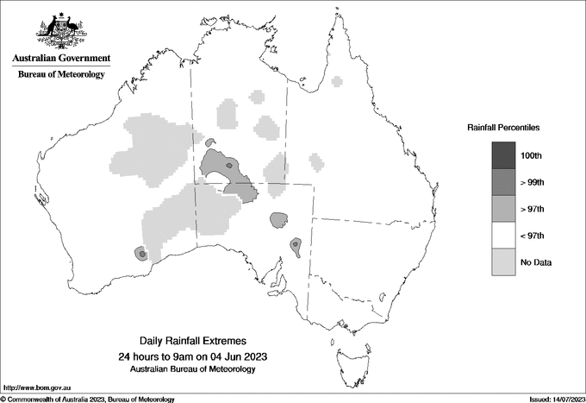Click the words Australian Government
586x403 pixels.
click(61, 59)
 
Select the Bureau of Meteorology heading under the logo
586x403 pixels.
click(61, 75)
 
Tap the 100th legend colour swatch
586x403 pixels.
click(504, 155)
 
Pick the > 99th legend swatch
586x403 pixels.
click(504, 182)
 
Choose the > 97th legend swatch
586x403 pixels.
click(504, 209)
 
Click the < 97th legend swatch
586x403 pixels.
click(504, 236)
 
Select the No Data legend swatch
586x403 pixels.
click(504, 262)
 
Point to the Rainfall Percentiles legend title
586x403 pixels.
click(503, 128)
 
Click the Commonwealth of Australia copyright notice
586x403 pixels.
click(89, 399)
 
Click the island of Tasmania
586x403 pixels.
click(346, 355)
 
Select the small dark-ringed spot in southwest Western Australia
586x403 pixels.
click(141, 253)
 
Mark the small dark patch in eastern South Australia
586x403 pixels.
click(295, 247)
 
